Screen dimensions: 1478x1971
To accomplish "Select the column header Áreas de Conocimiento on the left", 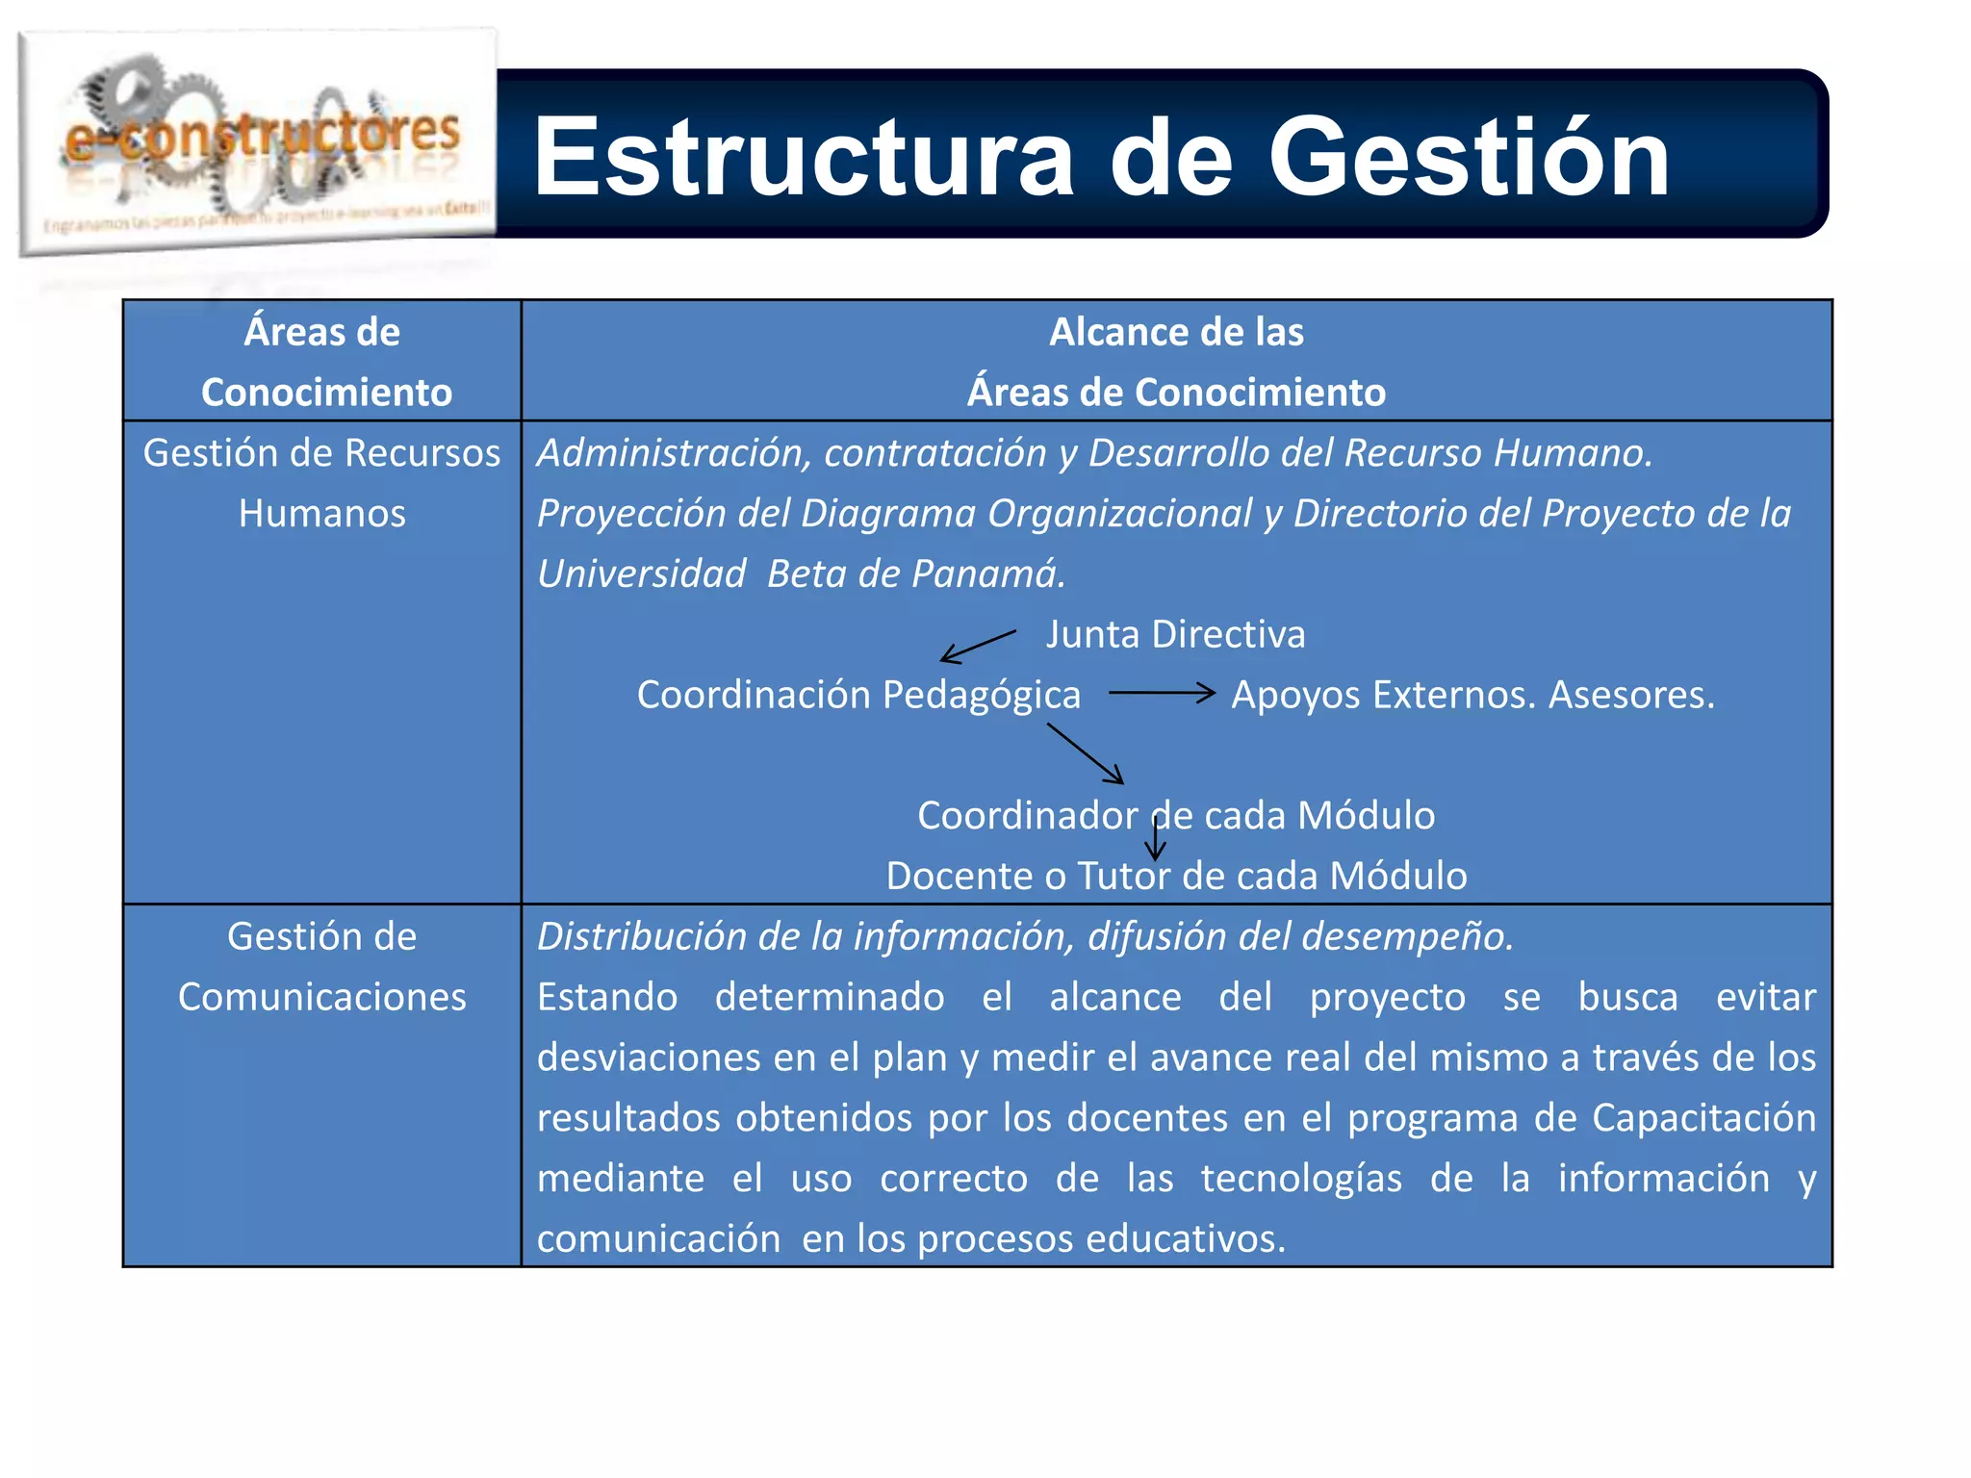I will coord(323,362).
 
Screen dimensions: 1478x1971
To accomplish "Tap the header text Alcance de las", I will coord(1176,333).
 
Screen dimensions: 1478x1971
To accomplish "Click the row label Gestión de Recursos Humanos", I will coord(322,483).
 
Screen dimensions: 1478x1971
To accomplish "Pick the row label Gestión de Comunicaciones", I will coord(322,967).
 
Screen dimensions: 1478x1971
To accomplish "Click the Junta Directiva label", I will coord(1176,635).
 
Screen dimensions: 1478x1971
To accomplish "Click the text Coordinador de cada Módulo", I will coord(1176,816).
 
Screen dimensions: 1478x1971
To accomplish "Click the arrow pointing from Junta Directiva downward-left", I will coord(977,647).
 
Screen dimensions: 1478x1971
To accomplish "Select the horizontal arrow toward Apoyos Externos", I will coord(1162,693).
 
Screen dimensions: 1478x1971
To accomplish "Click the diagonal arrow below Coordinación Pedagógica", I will coord(1086,753).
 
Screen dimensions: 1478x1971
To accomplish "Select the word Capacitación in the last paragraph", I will coord(1703,1118).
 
